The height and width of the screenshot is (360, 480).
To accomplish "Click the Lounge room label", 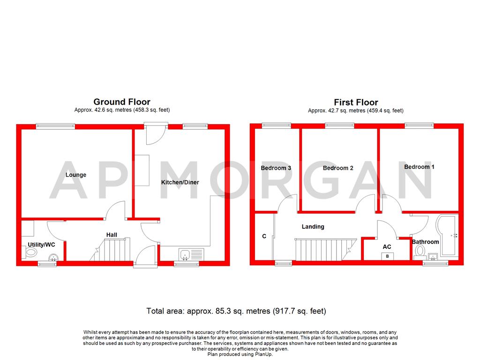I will click(x=76, y=175).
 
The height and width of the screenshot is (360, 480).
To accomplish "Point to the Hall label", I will click(x=112, y=235).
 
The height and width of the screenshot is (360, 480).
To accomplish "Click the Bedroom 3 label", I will click(x=276, y=168).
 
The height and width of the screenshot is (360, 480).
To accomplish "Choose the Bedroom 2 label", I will click(x=338, y=168).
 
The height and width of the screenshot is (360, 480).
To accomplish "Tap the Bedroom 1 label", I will click(x=419, y=167).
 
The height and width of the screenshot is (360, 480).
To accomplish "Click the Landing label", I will click(x=313, y=226).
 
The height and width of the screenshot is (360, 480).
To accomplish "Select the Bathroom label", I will click(x=426, y=242).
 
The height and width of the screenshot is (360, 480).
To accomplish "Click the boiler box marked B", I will click(x=387, y=256).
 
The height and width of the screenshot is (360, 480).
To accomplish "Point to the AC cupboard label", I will click(x=387, y=247).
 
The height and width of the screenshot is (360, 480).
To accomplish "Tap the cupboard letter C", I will click(x=264, y=237).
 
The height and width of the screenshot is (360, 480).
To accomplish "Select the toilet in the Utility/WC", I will click(x=31, y=252).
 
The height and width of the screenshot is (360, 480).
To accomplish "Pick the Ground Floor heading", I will click(x=122, y=102).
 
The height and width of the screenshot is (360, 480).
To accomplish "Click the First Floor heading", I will click(x=356, y=102).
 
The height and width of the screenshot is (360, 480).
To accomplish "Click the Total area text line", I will click(x=236, y=311).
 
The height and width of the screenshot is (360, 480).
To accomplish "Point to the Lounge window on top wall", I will click(x=55, y=125).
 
